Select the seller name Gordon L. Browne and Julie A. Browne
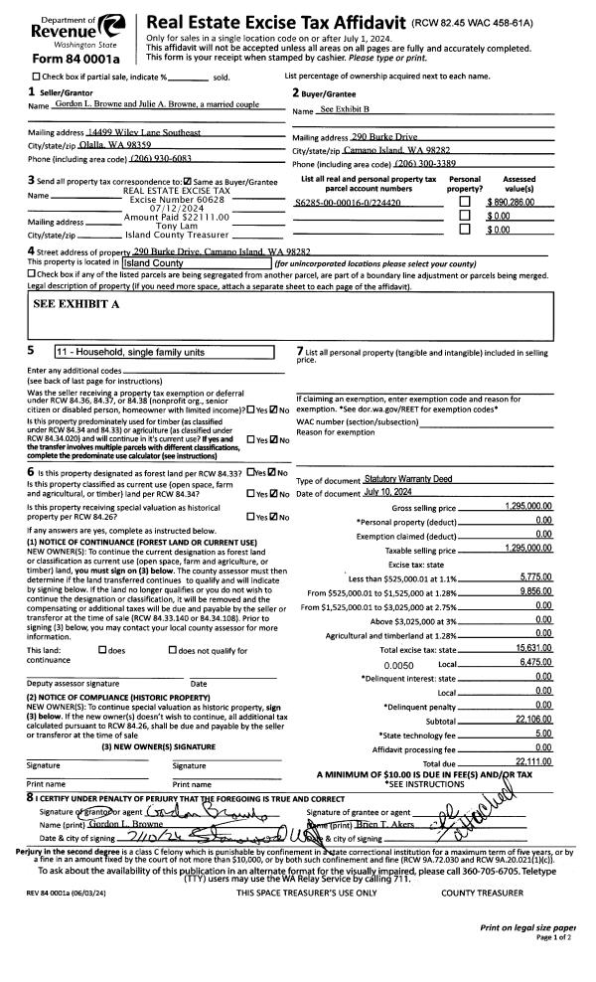coord(157,104)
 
